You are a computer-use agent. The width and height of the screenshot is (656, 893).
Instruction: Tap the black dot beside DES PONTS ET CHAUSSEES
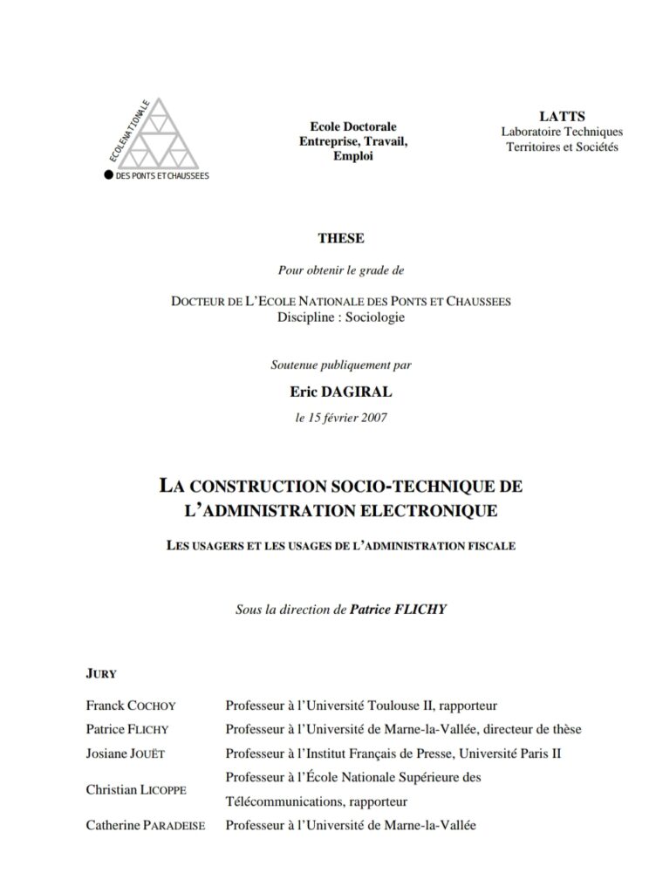(108, 174)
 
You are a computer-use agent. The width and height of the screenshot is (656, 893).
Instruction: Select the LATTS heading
(562, 116)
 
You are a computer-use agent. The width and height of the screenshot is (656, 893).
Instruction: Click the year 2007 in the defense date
(369, 417)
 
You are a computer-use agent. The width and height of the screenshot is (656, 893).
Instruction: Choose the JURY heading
(101, 674)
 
